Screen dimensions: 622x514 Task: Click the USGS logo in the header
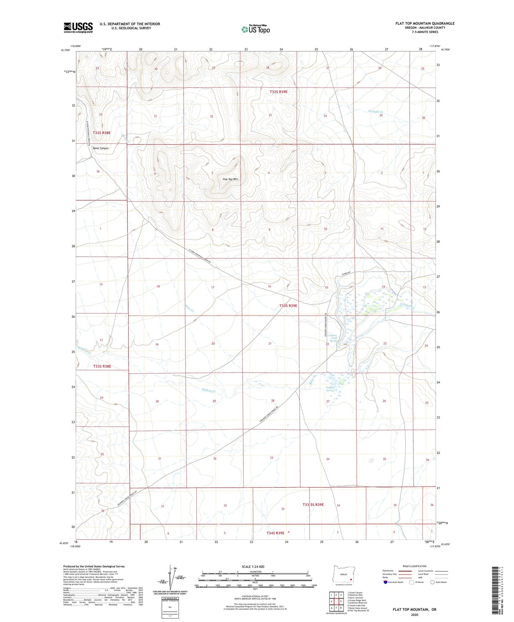[78, 27]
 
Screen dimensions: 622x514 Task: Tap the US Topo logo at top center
[255, 29]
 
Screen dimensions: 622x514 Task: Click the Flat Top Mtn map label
[230, 179]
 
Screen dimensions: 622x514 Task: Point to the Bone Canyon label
[101, 148]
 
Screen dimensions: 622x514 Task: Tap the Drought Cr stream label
[376, 112]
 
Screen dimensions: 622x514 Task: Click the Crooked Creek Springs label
[332, 338]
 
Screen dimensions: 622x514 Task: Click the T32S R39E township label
[278, 92]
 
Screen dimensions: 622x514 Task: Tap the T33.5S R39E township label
[313, 505]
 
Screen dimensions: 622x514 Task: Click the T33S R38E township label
[102, 366]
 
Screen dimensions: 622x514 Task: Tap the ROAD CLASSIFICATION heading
[415, 566]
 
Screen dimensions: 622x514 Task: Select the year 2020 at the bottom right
[414, 614]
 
